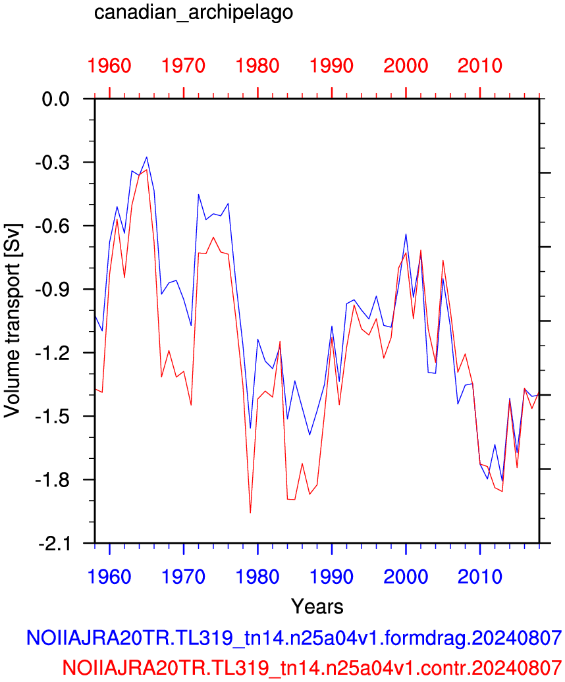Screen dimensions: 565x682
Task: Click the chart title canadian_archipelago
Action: click(x=194, y=13)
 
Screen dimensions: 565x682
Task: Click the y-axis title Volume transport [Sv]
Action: click(x=12, y=321)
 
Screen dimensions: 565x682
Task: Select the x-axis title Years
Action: click(x=317, y=606)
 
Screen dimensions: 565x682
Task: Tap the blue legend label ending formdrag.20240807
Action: click(x=294, y=638)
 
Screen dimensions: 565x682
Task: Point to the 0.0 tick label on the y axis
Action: click(x=56, y=99)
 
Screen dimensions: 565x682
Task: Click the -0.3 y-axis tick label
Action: click(x=53, y=162)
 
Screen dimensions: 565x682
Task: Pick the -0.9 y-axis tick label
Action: click(x=53, y=289)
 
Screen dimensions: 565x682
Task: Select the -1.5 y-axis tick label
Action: click(x=53, y=416)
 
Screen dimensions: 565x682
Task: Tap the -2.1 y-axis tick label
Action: click(x=53, y=543)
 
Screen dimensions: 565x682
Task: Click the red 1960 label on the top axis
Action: click(x=109, y=66)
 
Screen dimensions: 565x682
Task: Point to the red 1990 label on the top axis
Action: click(x=331, y=66)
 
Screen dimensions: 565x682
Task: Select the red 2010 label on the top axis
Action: click(x=480, y=66)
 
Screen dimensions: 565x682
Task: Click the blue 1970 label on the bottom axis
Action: click(x=183, y=577)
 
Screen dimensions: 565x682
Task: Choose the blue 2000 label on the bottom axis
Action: click(x=406, y=577)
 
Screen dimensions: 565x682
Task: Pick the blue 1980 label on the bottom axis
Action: click(x=257, y=577)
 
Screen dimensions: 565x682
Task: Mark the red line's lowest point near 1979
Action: click(x=250, y=513)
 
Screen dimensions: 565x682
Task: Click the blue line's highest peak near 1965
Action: click(x=147, y=157)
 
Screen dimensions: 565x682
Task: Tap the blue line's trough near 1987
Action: click(x=309, y=434)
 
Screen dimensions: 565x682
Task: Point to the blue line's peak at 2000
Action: click(x=406, y=234)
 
